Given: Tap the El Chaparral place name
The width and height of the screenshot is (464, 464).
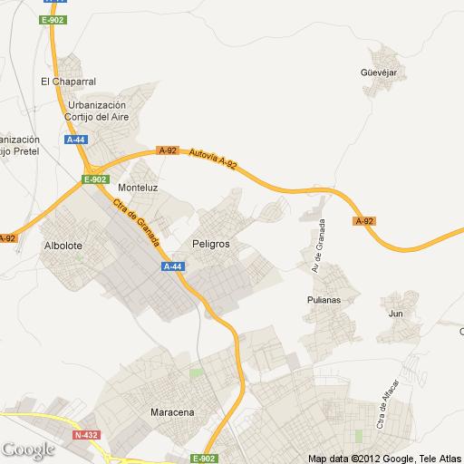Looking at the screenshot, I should coord(68,82).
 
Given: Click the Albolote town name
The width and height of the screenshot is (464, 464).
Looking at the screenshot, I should coord(63,246).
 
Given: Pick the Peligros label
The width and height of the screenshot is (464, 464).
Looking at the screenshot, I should coord(211,246).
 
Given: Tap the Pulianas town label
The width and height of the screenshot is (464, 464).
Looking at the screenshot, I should coord(323,299).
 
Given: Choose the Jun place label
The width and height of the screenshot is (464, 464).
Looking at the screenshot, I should coord(395,314).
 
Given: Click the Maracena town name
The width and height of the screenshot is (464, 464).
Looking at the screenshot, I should coord(171,413).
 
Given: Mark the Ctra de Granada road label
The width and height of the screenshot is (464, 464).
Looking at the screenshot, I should coord(138,223).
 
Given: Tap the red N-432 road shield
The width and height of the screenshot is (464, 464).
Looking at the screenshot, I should coord(86,435).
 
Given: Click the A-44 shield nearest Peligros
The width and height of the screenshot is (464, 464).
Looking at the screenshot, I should coord(172,266).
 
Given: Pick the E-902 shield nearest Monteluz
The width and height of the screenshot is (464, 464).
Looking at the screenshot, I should coord(95,179).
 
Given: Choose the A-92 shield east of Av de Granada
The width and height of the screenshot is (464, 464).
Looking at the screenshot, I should coord(364,221).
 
